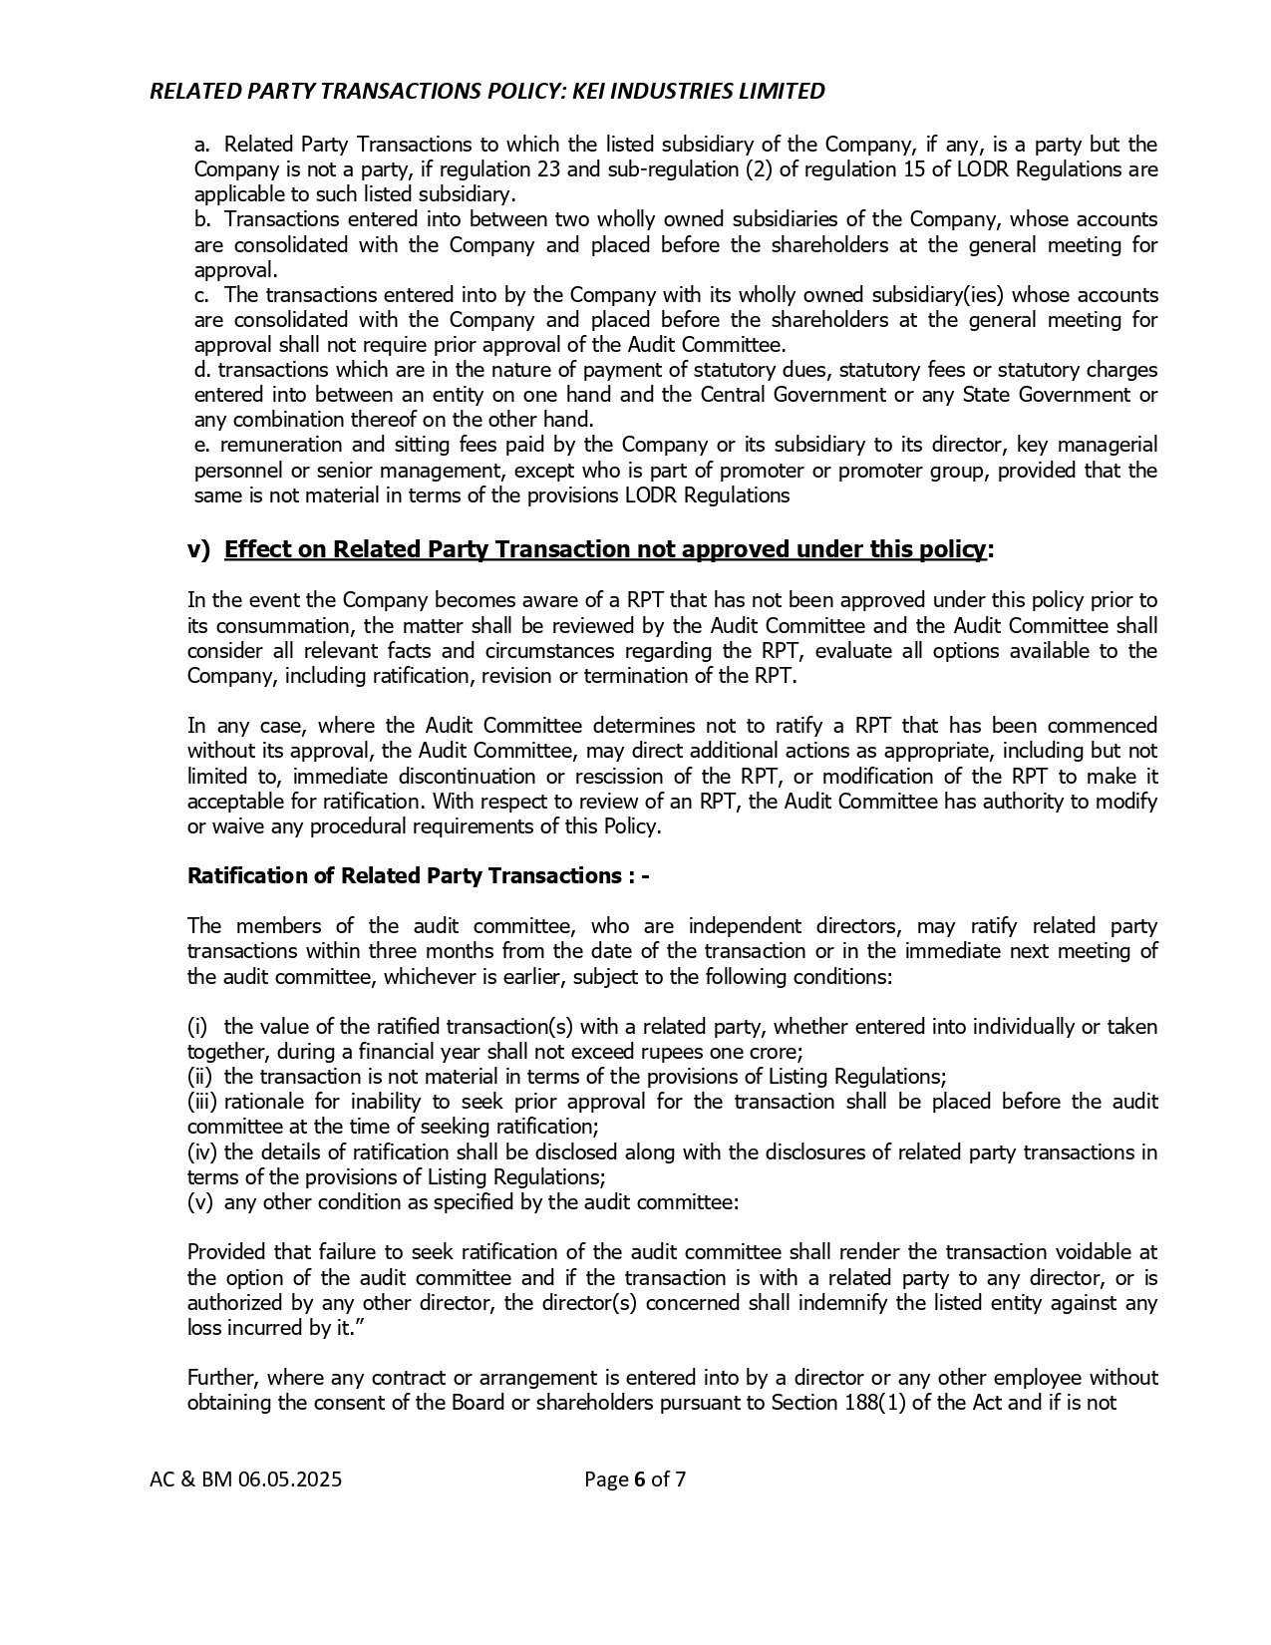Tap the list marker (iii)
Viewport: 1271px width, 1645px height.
pyautogui.click(x=202, y=1102)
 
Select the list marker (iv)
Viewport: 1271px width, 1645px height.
pyautogui.click(x=202, y=1151)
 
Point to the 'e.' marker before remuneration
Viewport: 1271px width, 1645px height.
pyautogui.click(x=201, y=445)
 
